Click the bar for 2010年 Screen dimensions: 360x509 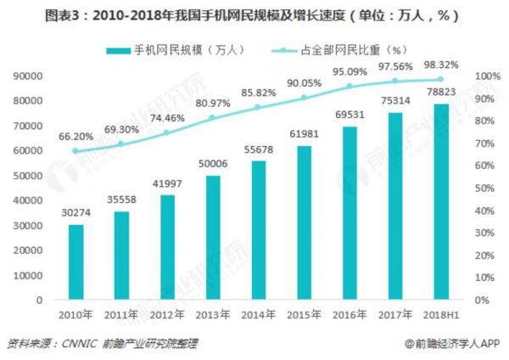tap(76, 262)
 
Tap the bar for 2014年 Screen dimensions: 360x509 tap(259, 231)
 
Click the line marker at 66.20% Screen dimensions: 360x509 tap(76, 151)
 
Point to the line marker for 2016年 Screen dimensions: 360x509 tap(350, 87)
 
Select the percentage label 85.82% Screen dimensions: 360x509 tap(259, 92)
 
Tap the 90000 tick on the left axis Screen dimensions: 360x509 tap(29, 76)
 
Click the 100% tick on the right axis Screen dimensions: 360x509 tap(484, 76)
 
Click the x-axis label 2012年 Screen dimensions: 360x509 tap(168, 315)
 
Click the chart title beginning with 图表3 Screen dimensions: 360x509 tap(255, 14)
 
